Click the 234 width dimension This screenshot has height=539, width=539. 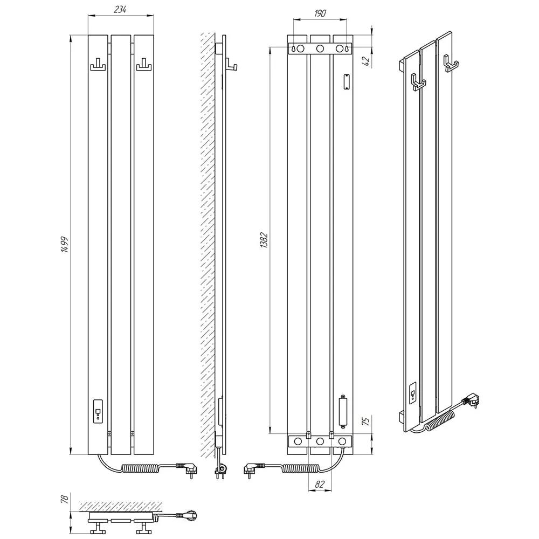coord(120,10)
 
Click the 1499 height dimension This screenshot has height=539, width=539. coord(65,244)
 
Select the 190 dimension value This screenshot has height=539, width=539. coord(320,13)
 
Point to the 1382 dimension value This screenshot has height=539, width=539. coord(264,240)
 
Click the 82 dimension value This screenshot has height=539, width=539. coord(320,485)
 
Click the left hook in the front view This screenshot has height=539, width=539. coord(98,65)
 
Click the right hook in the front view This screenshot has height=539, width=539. coord(144,65)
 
